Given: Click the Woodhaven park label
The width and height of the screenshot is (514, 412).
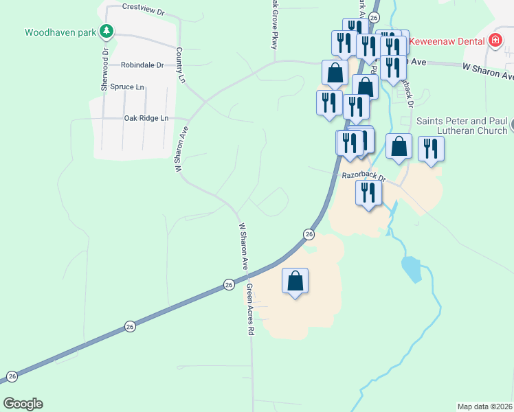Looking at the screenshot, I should [x=60, y=32].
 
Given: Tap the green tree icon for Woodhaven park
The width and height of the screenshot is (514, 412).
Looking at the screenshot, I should [x=106, y=31].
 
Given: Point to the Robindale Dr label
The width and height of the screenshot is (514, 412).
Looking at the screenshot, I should [x=142, y=65].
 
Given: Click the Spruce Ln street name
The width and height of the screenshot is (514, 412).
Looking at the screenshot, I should [x=131, y=87].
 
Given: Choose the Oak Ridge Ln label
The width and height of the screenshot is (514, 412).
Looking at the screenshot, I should [x=146, y=118].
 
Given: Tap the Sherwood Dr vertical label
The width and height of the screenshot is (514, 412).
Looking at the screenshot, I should [x=105, y=69].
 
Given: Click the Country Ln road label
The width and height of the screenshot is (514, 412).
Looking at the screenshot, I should [x=181, y=65].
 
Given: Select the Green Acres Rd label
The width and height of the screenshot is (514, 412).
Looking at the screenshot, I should [x=250, y=309].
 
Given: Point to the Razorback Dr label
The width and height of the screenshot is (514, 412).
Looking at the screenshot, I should [x=364, y=177].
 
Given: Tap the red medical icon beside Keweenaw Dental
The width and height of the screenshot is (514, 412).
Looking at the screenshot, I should [x=494, y=41].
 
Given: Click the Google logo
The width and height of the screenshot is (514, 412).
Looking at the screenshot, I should [x=23, y=404].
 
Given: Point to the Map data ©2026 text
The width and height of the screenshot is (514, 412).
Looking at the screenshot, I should [x=484, y=406].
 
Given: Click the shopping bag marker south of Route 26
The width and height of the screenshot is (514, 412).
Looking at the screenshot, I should [x=295, y=281].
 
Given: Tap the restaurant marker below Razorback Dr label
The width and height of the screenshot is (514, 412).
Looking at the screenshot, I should [x=369, y=193].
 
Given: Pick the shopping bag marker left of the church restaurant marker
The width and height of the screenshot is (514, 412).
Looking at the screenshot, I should [x=399, y=147].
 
